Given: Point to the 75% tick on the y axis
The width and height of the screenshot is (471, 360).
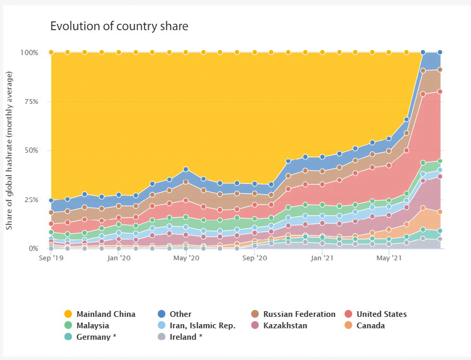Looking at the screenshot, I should (x=31, y=101).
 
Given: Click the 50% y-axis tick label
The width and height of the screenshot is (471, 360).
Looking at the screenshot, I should (x=31, y=150).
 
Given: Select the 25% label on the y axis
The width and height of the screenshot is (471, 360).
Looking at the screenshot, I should (x=31, y=199).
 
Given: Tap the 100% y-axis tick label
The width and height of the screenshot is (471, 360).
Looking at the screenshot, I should (x=29, y=52).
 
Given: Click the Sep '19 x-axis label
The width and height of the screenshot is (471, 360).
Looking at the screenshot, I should (x=51, y=258).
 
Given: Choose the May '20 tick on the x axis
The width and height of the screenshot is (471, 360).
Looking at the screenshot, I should (x=186, y=258).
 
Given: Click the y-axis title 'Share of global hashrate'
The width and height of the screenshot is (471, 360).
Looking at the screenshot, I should (x=9, y=151).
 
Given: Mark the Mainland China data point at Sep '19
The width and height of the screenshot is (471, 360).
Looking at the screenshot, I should (x=51, y=52).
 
